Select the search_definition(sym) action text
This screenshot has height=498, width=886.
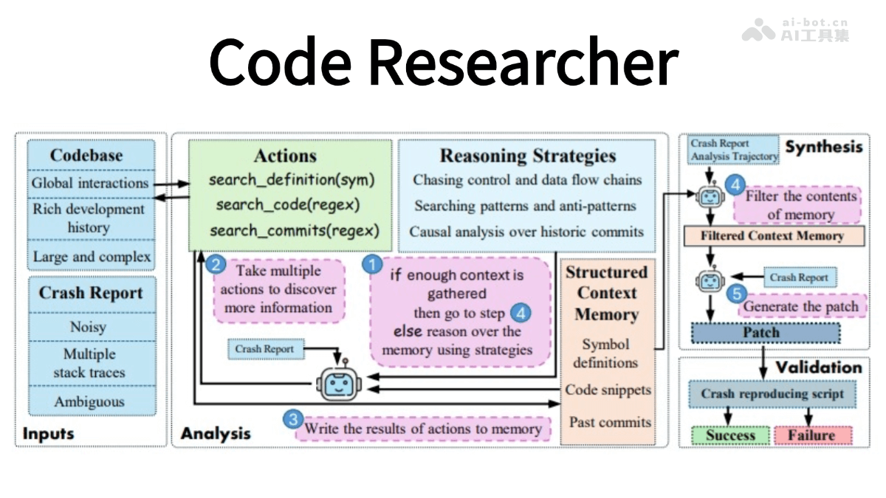click(x=292, y=180)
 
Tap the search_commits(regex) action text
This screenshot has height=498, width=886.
click(x=294, y=230)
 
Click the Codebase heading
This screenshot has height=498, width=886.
click(x=86, y=156)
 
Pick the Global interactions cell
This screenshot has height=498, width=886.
click(x=89, y=183)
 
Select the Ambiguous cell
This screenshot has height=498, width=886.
click(x=89, y=402)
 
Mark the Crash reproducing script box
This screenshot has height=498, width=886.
click(x=772, y=394)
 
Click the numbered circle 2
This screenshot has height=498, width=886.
click(x=216, y=263)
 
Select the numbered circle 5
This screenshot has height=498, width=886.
click(x=735, y=294)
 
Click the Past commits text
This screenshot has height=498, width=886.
click(x=610, y=423)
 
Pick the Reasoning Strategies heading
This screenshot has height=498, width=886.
click(x=528, y=156)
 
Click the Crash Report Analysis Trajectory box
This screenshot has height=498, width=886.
click(x=734, y=149)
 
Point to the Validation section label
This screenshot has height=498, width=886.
click(x=818, y=367)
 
